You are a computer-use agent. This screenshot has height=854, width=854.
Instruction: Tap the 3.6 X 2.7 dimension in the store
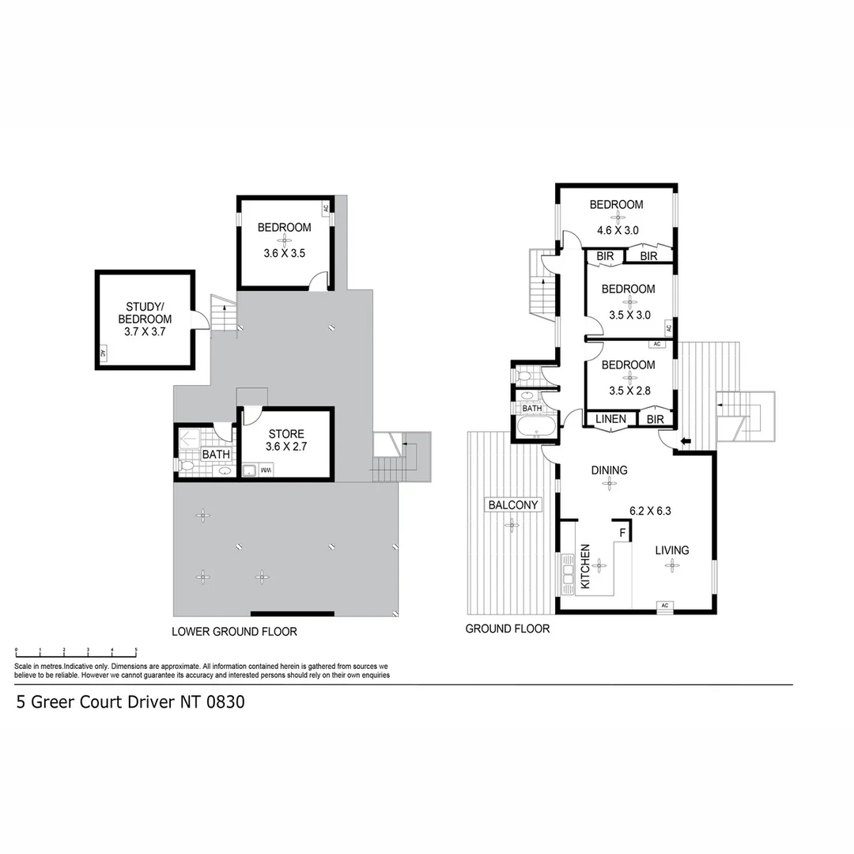click(285, 447)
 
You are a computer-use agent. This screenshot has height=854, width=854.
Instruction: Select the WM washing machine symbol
click(267, 471)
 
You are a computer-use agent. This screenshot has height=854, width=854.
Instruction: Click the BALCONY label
click(513, 505)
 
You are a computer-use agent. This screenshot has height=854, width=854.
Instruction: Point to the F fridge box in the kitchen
click(622, 533)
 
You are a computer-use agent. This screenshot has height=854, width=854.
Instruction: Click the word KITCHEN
click(586, 566)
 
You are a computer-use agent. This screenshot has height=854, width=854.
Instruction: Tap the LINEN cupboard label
click(610, 419)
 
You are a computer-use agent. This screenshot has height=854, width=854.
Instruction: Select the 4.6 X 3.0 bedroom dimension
click(617, 231)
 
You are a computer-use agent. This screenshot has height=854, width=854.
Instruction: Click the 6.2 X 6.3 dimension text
click(650, 511)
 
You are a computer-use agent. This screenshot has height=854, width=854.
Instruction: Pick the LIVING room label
click(671, 550)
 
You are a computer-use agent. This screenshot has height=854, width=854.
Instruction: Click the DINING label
click(609, 470)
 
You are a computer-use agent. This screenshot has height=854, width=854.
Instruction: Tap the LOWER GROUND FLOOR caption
click(234, 632)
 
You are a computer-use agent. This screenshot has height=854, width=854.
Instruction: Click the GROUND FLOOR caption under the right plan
click(507, 629)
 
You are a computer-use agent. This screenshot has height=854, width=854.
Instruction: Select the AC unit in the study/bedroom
click(103, 355)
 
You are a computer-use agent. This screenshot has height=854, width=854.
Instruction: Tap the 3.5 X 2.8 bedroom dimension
click(628, 390)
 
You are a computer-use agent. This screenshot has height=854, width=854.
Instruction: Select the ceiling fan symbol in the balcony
click(513, 524)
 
